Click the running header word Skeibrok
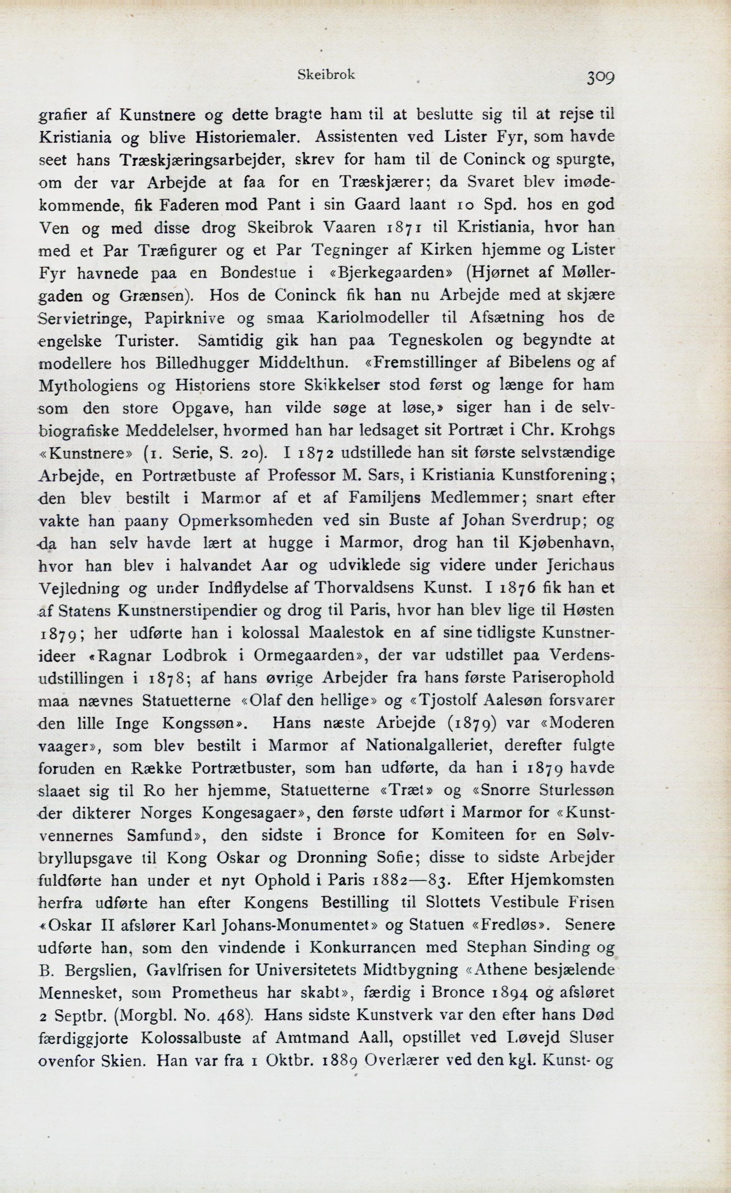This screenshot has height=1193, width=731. (326, 74)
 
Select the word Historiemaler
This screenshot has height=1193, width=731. (246, 138)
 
